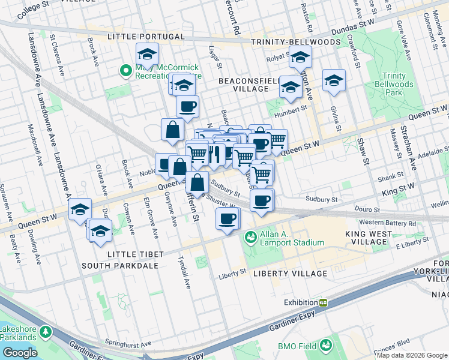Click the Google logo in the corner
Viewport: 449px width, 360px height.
pos(20,353)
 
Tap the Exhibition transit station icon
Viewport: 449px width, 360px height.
pos(323,302)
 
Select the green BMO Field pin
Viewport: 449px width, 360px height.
pos(325,345)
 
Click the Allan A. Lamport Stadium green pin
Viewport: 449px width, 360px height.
pos(250,238)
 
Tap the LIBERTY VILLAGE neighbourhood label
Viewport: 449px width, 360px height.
pos(290,274)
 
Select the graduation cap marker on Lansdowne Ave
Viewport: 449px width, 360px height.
pos(79,210)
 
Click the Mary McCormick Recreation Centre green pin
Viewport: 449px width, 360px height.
pos(126,71)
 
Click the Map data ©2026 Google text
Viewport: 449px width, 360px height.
pos(412,355)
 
